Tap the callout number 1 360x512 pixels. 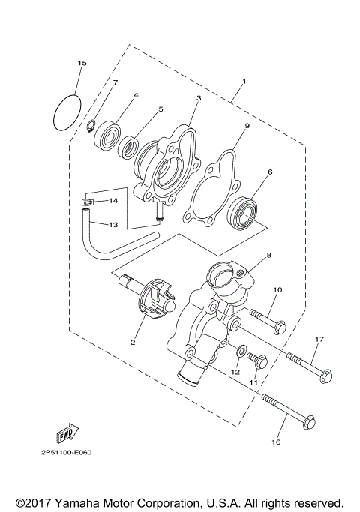click(x=244, y=81)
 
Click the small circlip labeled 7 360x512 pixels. click(x=89, y=124)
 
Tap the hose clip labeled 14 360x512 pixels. click(x=87, y=201)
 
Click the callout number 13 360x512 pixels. click(x=114, y=224)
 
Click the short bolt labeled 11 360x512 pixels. click(x=257, y=361)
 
